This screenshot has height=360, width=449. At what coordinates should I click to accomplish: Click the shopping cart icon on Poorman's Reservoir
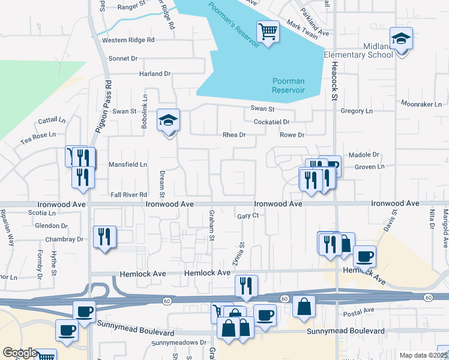point(268,31)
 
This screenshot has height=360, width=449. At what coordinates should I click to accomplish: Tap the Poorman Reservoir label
point(288,85)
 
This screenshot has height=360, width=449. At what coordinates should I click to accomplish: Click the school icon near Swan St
point(169,121)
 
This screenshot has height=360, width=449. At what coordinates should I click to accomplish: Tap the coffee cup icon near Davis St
point(364,257)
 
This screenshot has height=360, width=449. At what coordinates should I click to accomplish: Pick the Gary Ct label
point(247,215)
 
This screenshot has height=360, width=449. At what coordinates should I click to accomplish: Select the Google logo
point(20,353)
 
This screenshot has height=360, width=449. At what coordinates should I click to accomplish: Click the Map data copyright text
point(423,355)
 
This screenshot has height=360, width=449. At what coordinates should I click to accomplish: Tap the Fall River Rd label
point(129,195)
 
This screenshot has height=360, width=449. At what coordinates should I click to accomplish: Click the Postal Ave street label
point(360,311)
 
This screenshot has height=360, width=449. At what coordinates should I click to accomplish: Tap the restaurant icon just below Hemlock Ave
point(246,286)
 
